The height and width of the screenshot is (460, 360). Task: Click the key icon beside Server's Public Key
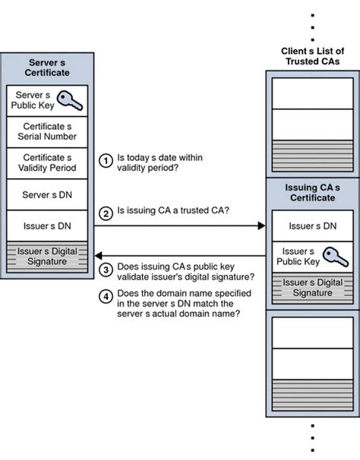point(71,99)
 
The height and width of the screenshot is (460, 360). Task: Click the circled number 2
point(106,213)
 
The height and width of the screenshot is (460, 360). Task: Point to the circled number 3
point(106,269)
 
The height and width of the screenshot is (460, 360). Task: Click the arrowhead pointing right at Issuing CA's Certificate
point(261,225)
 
